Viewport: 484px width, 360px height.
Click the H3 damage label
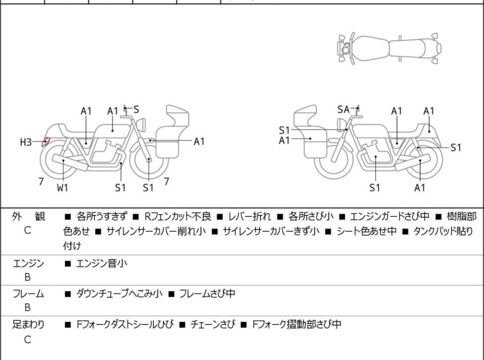26,142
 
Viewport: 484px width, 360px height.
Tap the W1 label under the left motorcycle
62,188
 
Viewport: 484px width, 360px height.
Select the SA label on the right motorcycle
344,110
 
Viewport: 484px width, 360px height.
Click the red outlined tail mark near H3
46,142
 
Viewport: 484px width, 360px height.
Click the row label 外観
28,217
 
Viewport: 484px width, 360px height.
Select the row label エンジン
28,263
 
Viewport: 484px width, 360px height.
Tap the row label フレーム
28,294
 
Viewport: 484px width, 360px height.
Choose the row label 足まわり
28,325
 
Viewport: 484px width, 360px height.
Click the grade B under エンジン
28,277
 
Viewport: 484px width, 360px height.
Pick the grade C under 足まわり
28,339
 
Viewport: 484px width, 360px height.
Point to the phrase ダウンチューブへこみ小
119,294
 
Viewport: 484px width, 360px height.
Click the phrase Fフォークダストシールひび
124,325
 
